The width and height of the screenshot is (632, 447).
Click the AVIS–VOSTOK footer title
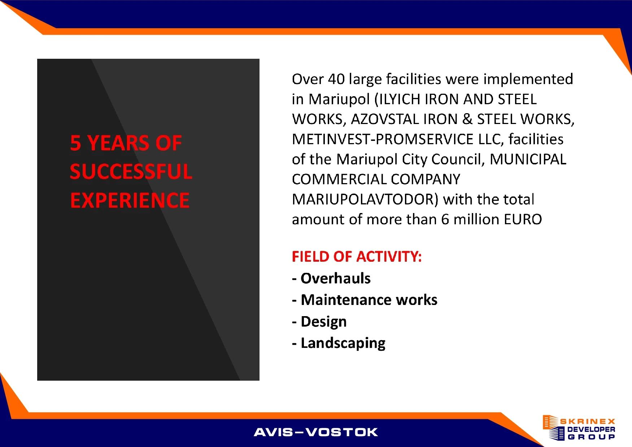click(x=316, y=432)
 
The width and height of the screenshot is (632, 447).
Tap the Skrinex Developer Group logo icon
click(x=553, y=428)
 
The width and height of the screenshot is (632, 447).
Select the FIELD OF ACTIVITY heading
click(x=357, y=257)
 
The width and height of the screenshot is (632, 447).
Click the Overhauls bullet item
click(x=331, y=278)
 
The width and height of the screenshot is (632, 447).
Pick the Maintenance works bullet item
click(x=365, y=300)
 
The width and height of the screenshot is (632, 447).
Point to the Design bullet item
click(x=319, y=322)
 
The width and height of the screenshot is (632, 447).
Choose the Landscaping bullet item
click(x=339, y=344)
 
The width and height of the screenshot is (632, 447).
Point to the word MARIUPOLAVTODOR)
click(x=365, y=199)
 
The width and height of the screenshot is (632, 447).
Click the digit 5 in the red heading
click(x=75, y=143)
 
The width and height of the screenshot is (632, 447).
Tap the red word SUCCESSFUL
click(x=131, y=172)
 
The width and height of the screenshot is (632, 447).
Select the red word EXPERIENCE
click(x=130, y=200)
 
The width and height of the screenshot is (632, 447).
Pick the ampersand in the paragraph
click(x=467, y=119)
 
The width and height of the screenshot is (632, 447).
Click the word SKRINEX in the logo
click(x=588, y=421)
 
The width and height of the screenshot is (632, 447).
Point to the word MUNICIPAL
click(x=528, y=159)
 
